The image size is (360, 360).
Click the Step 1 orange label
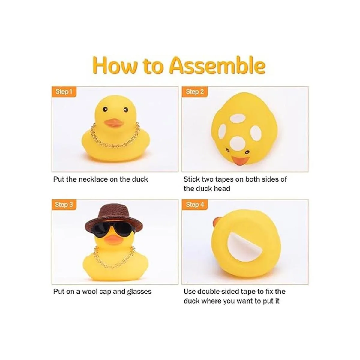coord(64,92)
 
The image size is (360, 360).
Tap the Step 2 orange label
coord(194,92)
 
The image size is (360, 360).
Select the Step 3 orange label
coord(64,205)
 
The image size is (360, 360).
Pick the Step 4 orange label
coord(194,205)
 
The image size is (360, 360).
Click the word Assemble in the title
coord(218,66)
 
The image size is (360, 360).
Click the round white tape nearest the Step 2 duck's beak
coord(237,145)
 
